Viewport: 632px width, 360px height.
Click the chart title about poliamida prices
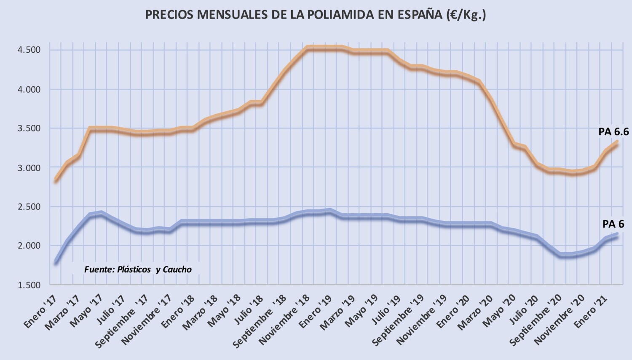316,15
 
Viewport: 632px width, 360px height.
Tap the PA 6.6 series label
613,132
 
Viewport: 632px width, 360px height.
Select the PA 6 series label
613,224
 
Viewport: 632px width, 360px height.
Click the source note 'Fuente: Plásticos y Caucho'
138,270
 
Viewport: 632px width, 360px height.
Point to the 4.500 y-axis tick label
29,50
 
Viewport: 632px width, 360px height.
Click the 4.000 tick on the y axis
29,89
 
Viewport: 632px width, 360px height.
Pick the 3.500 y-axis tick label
29,129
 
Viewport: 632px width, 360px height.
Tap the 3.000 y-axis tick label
29,168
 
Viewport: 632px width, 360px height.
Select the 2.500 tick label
29,207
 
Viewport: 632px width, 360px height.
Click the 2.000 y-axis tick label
29,246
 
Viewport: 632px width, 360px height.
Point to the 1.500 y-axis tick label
29,285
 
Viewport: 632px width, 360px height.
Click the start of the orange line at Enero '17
56,180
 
